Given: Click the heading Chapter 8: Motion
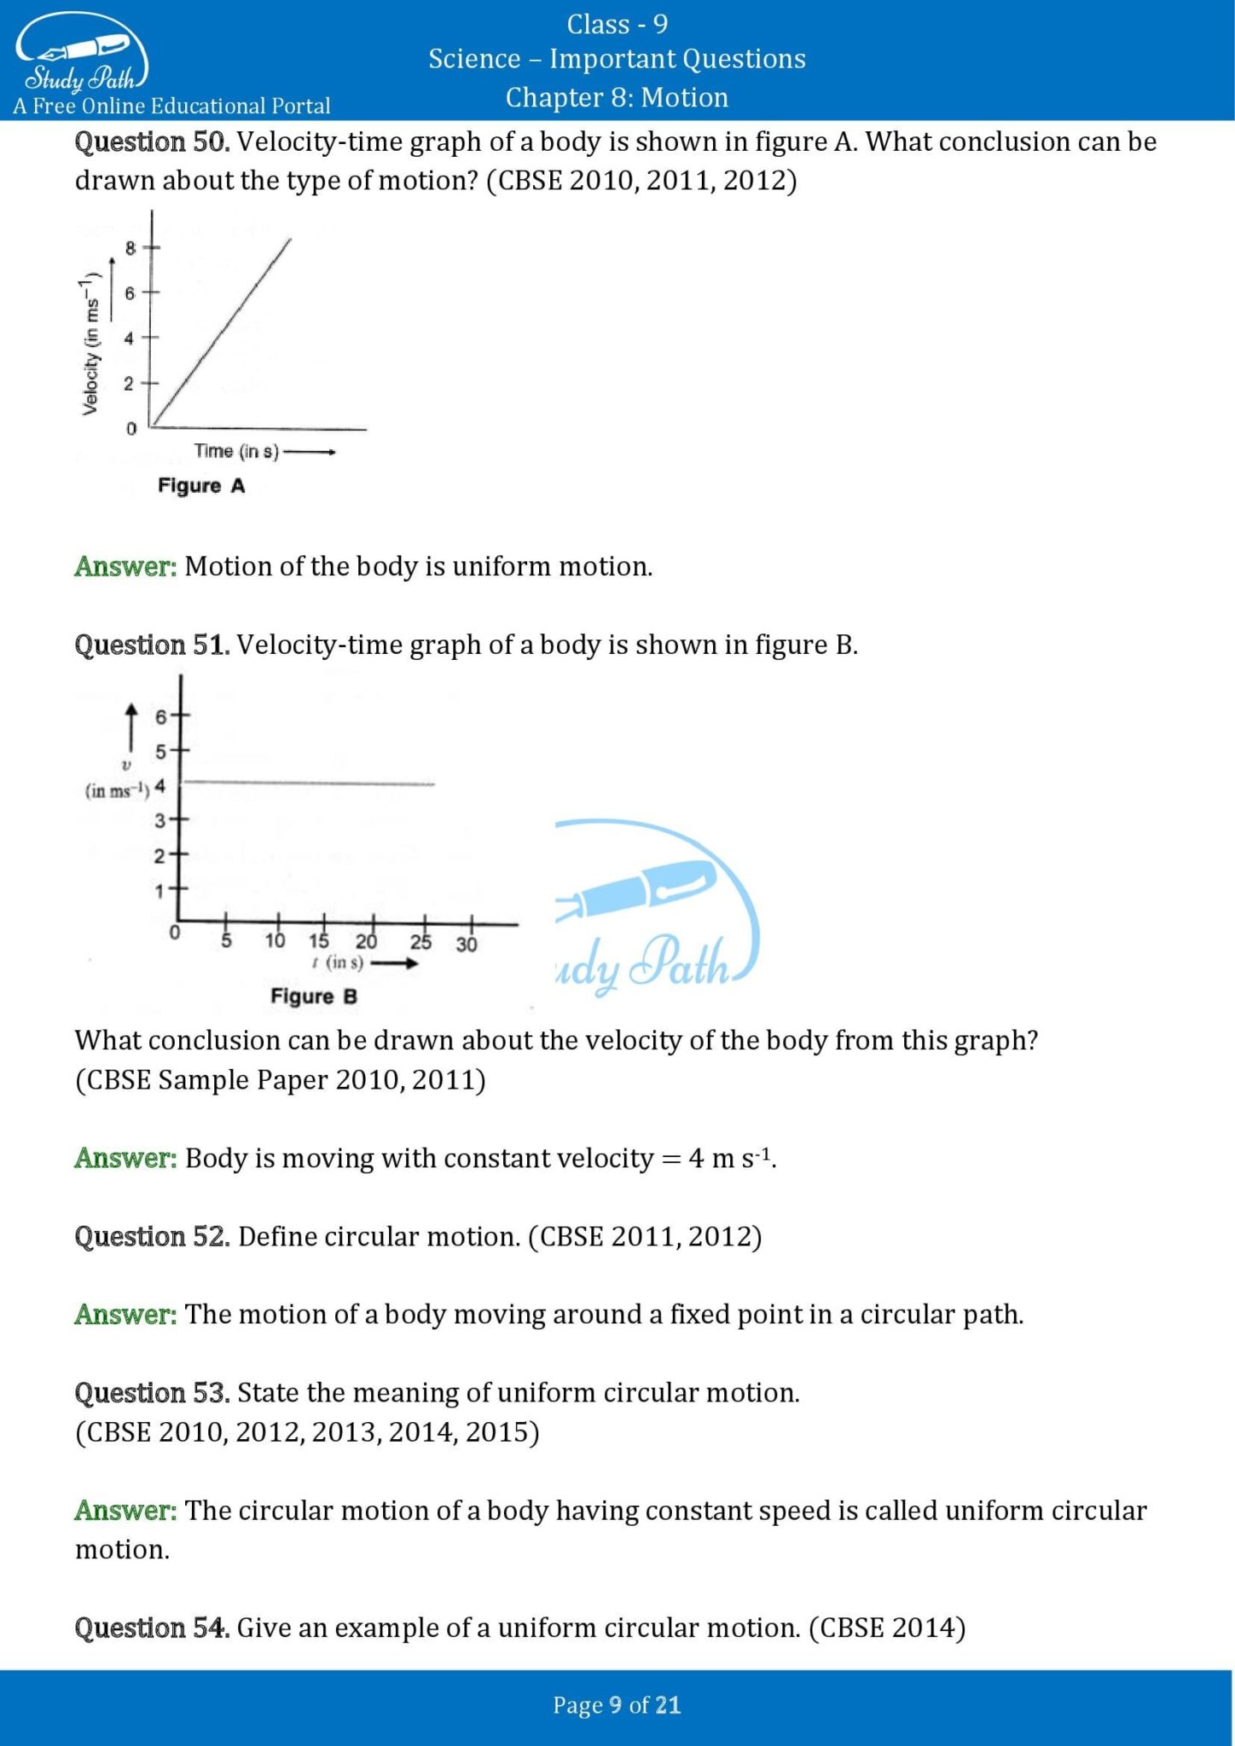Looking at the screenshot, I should pyautogui.click(x=617, y=97).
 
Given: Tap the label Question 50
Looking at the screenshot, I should pyautogui.click(x=152, y=142).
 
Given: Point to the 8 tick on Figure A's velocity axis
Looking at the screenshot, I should pyautogui.click(x=130, y=248).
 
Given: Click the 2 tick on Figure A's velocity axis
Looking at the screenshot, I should pyautogui.click(x=129, y=384).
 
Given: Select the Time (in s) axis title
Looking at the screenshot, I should pyautogui.click(x=236, y=451).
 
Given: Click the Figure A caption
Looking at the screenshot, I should pyautogui.click(x=201, y=486).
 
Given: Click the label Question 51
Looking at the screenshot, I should pyautogui.click(x=152, y=645).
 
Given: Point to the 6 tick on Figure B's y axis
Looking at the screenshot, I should pyautogui.click(x=161, y=717).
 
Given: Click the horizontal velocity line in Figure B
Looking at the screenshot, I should pyautogui.click(x=307, y=782).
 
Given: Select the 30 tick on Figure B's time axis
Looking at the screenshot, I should pyautogui.click(x=467, y=944).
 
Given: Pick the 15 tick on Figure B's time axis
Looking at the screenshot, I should pyautogui.click(x=319, y=941).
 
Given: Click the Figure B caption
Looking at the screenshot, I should pyautogui.click(x=313, y=997).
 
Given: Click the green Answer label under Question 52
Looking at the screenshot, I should pyautogui.click(x=125, y=1315).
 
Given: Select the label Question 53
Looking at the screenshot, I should pyautogui.click(x=152, y=1393).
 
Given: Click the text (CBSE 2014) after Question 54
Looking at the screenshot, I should pyautogui.click(x=887, y=1628).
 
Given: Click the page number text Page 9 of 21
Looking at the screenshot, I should pyautogui.click(x=617, y=1705).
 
